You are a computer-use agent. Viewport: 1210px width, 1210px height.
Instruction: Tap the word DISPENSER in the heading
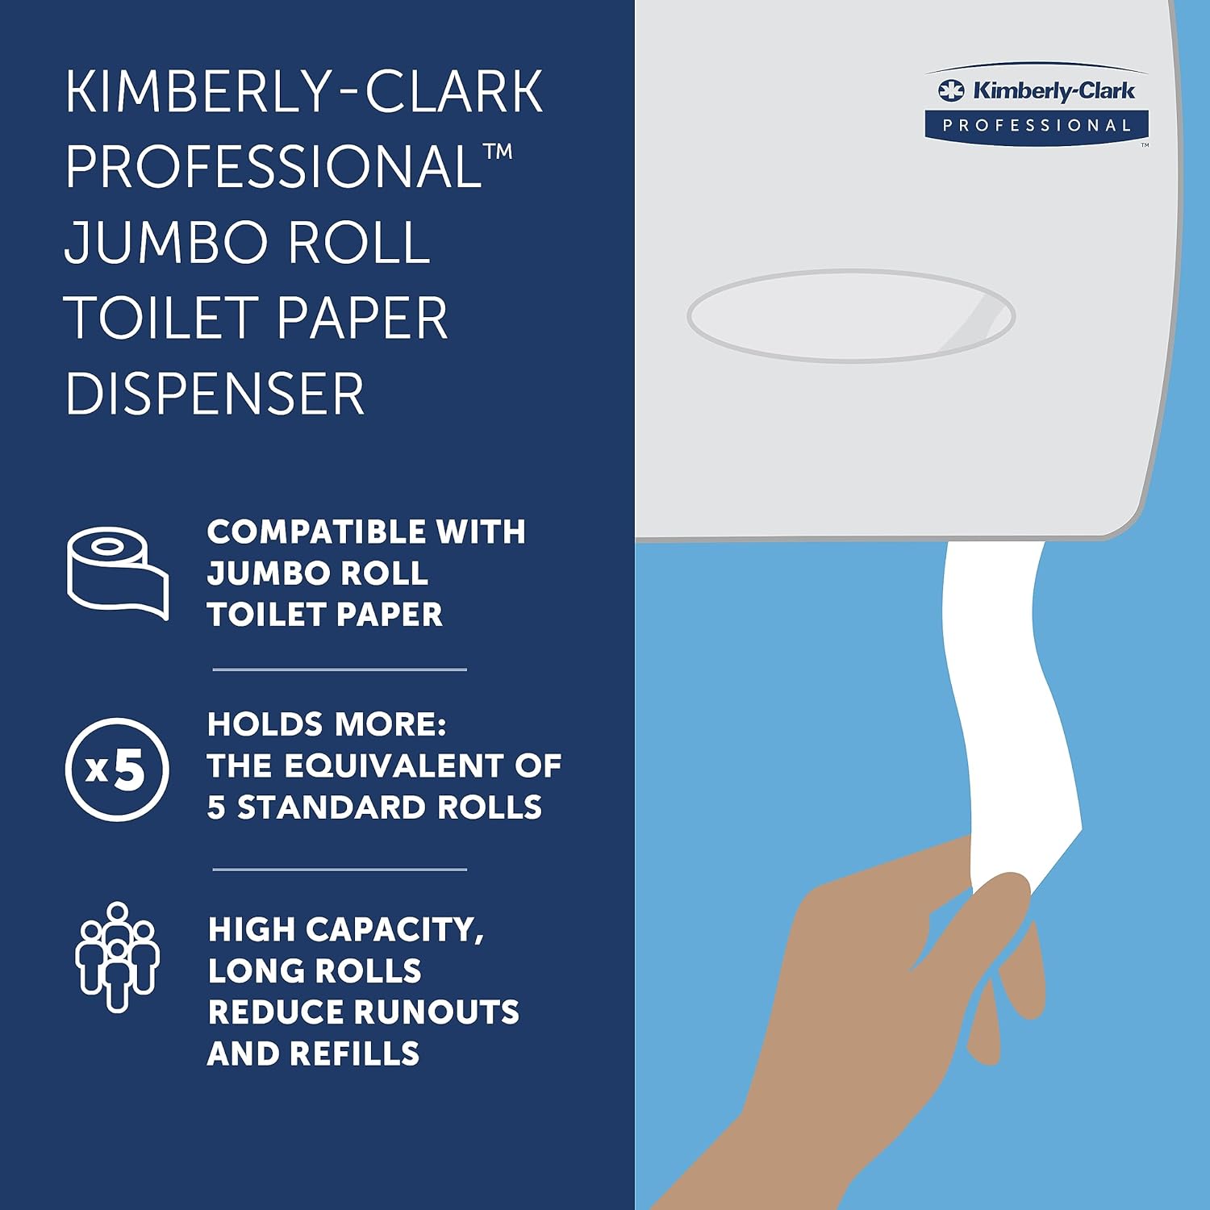pyautogui.click(x=215, y=394)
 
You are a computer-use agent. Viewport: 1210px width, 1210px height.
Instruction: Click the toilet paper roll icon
pyautogui.click(x=118, y=573)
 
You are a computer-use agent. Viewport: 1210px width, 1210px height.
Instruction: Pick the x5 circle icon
pyautogui.click(x=118, y=769)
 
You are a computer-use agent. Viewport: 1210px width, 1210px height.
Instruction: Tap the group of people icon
pyautogui.click(x=118, y=957)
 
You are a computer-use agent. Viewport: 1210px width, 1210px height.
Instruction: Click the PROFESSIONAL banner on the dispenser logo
pyautogui.click(x=1037, y=126)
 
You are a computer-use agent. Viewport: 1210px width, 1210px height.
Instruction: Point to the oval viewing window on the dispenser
pyautogui.click(x=851, y=315)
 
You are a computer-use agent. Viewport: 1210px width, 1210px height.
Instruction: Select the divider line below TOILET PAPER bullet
pyautogui.click(x=340, y=670)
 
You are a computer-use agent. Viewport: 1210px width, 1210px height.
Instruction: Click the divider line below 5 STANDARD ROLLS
pyautogui.click(x=340, y=870)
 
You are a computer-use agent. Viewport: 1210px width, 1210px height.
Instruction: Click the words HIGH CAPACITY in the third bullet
pyautogui.click(x=345, y=929)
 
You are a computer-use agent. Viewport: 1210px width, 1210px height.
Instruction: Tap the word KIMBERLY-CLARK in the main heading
pyautogui.click(x=304, y=92)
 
